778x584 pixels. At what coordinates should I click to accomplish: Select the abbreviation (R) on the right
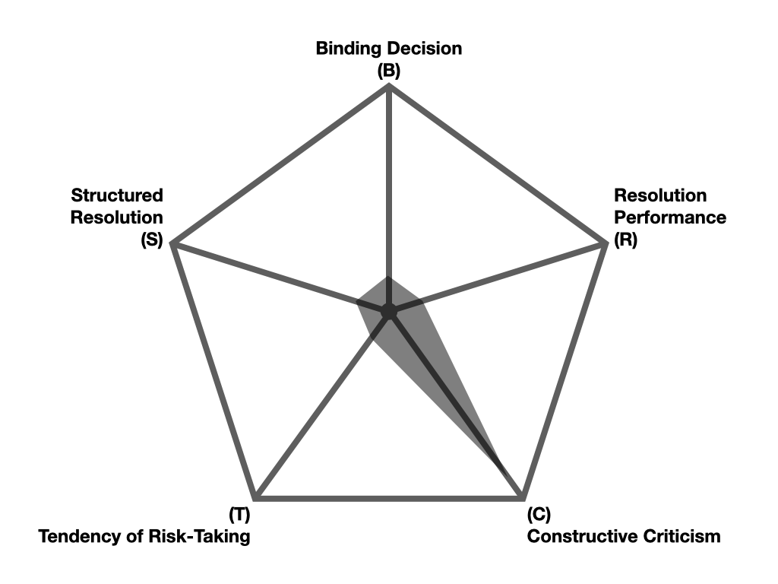point(626,240)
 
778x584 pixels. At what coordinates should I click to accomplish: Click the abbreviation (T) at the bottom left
point(239,514)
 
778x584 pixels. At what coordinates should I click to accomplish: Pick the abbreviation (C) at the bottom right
point(539,514)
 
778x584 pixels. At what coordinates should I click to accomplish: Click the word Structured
point(117,195)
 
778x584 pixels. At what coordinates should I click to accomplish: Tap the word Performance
point(670,217)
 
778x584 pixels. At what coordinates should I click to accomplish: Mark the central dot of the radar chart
point(389,311)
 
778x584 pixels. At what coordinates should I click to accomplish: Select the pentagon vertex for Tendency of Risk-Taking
point(256,498)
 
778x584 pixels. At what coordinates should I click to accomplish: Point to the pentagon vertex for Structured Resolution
point(174,244)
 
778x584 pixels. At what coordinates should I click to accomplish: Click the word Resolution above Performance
point(660,195)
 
